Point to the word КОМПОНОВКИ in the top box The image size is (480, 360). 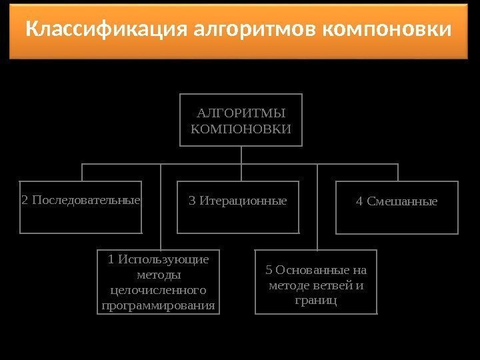click(241, 127)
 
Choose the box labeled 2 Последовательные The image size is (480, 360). click(81, 207)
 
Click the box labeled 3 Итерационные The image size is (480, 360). click(238, 207)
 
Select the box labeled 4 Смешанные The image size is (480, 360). click(397, 207)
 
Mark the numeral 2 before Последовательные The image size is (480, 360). click(25, 200)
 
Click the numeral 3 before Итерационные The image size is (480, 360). click(193, 200)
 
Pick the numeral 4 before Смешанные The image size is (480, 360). click(360, 201)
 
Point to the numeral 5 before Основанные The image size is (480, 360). click(269, 270)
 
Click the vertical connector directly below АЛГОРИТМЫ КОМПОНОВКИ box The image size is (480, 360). click(241, 154)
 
